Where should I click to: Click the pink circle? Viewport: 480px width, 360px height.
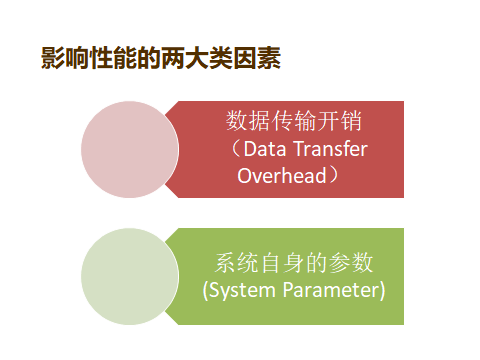pyautogui.click(x=129, y=149)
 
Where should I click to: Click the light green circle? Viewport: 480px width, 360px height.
pyautogui.click(x=129, y=276)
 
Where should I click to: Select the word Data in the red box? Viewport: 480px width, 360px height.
pyautogui.click(x=265, y=150)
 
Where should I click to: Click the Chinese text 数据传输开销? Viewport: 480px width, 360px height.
pyautogui.click(x=294, y=122)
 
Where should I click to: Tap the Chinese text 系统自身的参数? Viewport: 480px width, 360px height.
pyautogui.click(x=294, y=263)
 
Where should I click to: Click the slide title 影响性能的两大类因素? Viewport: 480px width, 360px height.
pyautogui.click(x=160, y=59)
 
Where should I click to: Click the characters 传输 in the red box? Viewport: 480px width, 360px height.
pyautogui.click(x=294, y=122)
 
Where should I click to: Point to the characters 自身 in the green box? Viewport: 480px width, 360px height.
pyautogui.click(x=283, y=263)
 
